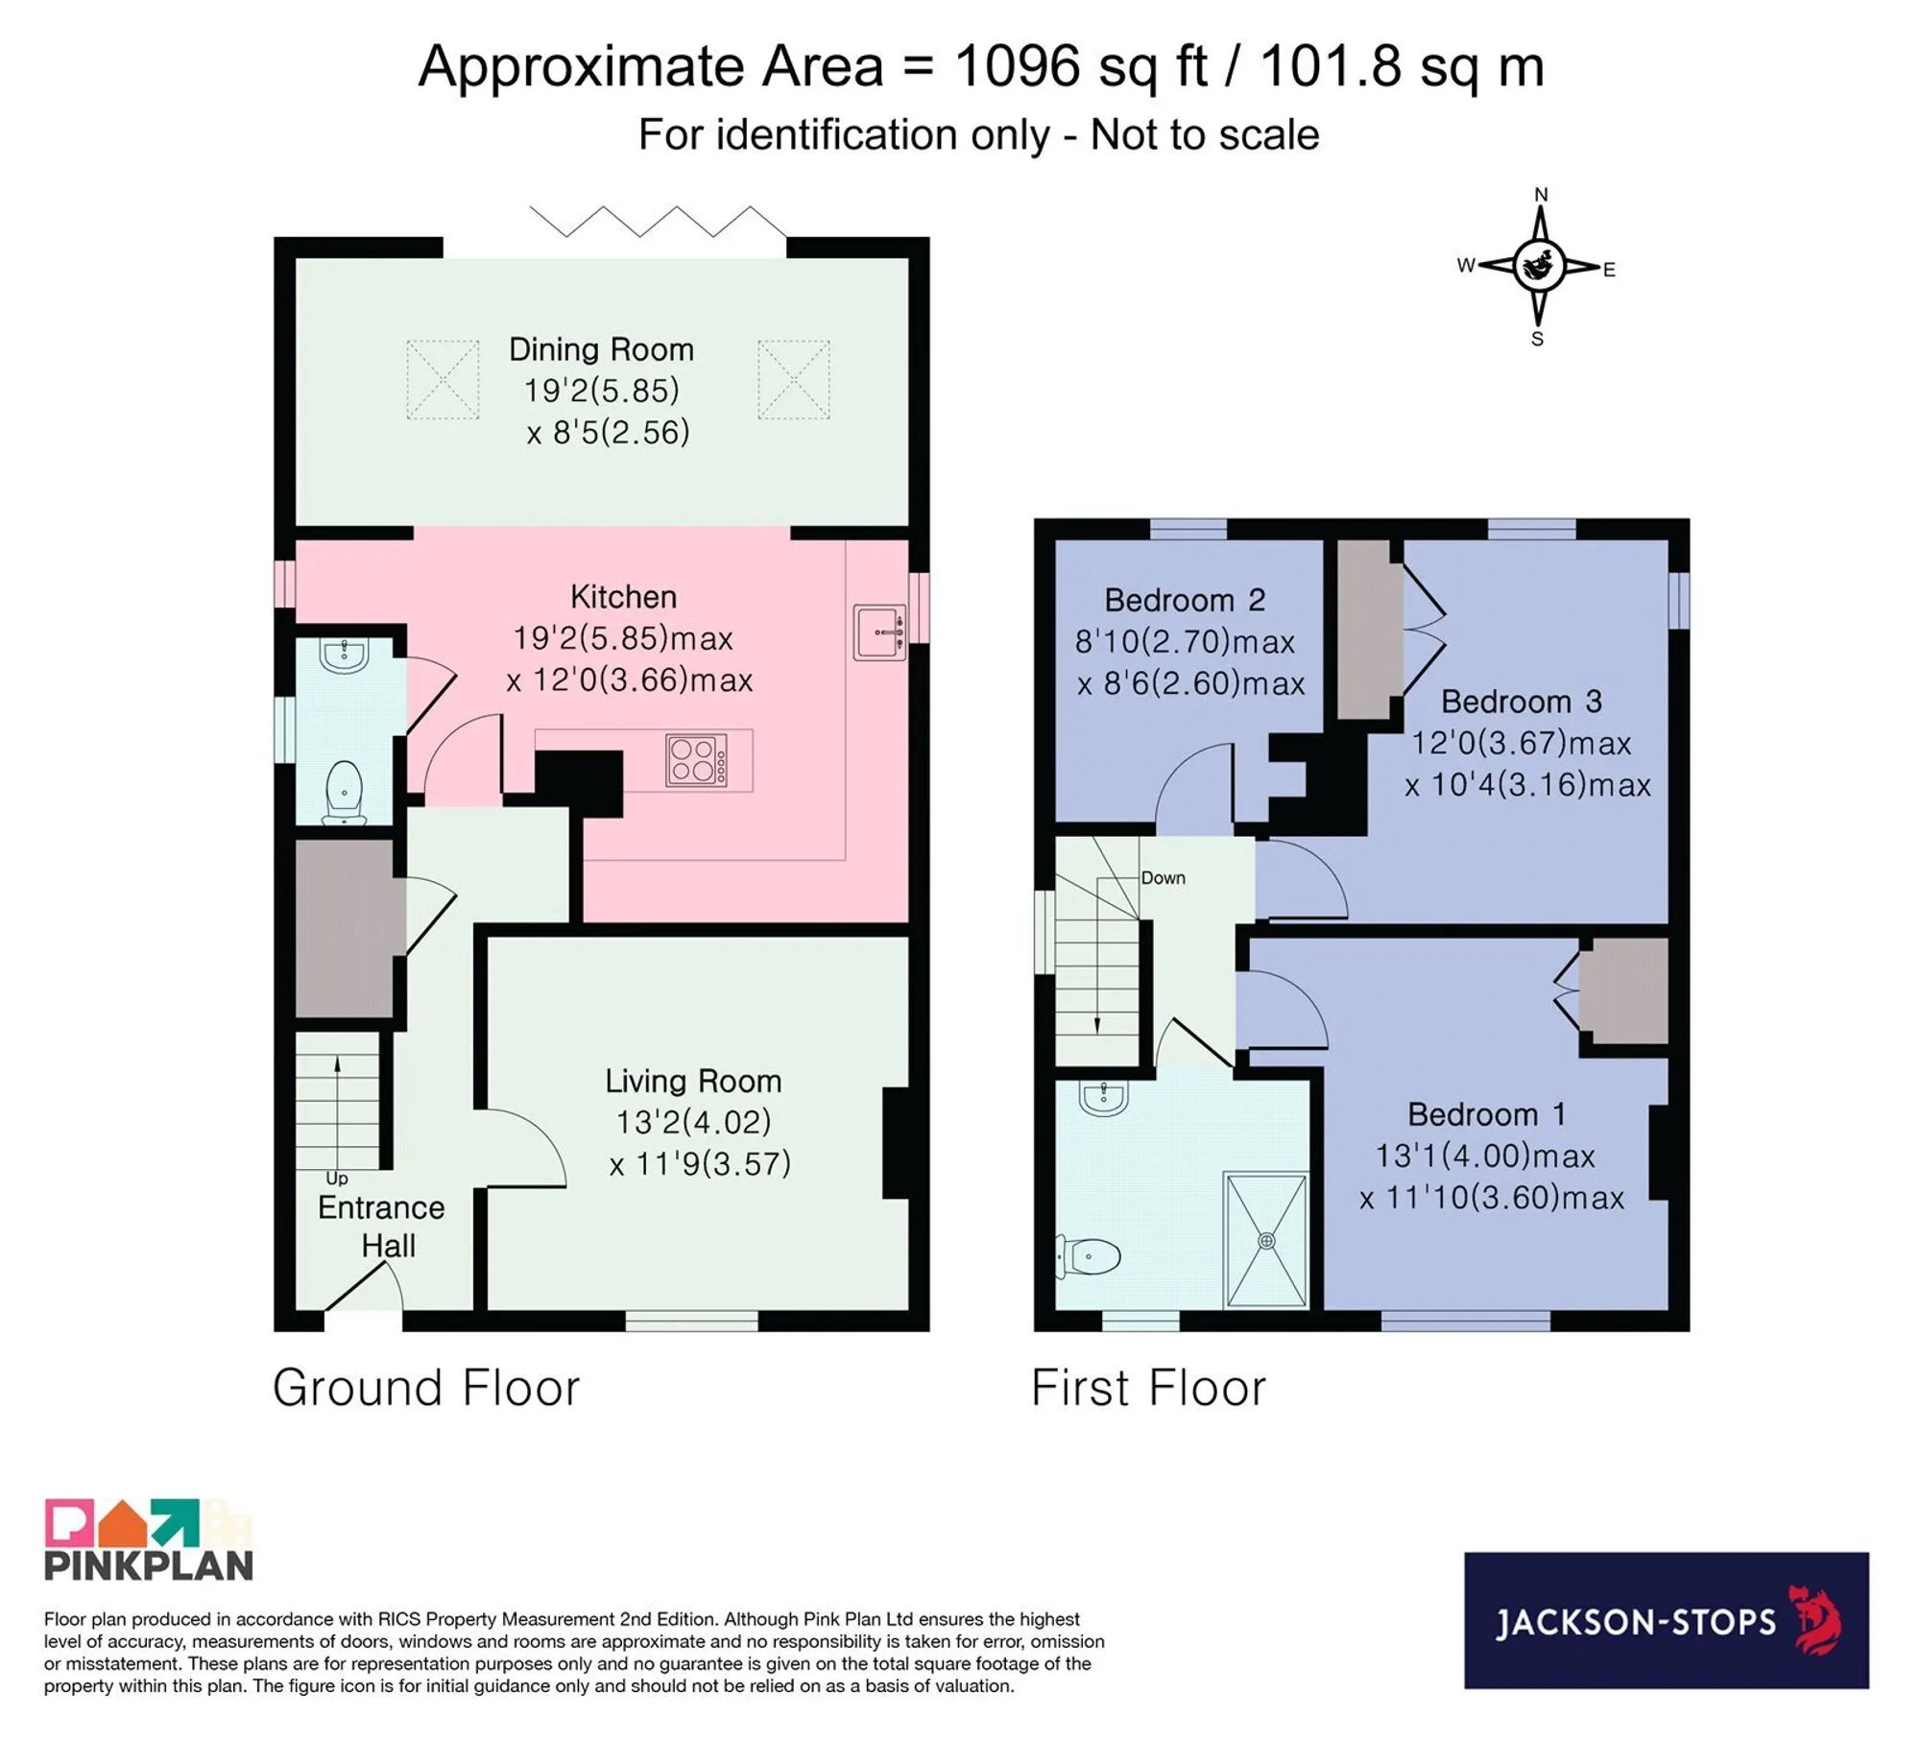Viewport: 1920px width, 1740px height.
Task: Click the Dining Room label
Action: pos(601,349)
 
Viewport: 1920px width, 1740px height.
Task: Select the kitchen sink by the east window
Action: pos(879,632)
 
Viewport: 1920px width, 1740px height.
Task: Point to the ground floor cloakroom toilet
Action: pos(344,793)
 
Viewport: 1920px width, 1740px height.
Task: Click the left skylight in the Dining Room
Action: pos(443,379)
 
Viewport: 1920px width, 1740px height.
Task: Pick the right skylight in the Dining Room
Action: pos(794,379)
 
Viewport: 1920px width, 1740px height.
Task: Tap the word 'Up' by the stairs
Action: pos(337,1178)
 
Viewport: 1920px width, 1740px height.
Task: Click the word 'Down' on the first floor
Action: pos(1163,877)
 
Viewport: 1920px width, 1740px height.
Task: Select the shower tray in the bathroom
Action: pos(1266,1239)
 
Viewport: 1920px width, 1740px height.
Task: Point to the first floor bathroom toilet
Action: pos(1090,1255)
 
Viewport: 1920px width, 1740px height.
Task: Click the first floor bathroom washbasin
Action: pos(1104,1098)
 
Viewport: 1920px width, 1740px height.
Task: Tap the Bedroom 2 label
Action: pos(1185,600)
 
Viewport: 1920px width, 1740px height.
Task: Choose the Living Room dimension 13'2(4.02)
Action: pos(693,1122)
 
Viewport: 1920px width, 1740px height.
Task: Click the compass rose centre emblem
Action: pos(1539,266)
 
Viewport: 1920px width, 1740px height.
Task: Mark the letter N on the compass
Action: pos(1541,195)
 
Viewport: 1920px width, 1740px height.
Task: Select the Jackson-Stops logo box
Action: pos(1667,1621)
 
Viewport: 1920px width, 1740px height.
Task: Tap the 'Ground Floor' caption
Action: pos(426,1388)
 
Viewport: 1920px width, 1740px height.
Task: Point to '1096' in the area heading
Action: pos(1017,67)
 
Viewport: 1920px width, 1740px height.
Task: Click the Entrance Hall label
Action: pos(382,1227)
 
